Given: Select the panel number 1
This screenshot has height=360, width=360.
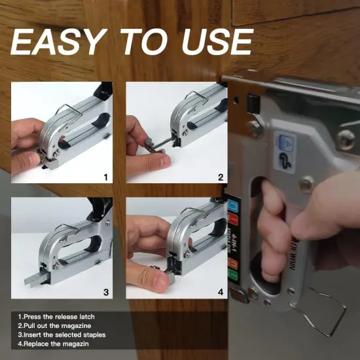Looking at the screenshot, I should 107,177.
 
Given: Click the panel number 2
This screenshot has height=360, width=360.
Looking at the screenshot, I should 221,177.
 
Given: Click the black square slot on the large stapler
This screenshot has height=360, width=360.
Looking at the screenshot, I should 251,103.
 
